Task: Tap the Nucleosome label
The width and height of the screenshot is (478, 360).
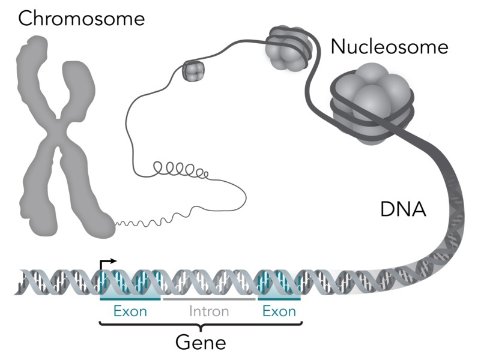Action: pyautogui.click(x=389, y=47)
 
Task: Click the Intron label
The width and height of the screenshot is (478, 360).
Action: pyautogui.click(x=209, y=311)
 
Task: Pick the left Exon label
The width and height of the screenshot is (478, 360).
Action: pyautogui.click(x=130, y=311)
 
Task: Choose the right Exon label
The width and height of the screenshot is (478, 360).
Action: pyautogui.click(x=279, y=311)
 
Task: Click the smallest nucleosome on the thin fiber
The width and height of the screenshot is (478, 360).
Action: pyautogui.click(x=193, y=71)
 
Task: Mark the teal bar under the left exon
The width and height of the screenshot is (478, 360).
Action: pyautogui.click(x=130, y=298)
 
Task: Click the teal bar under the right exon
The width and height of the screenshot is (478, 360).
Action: pyautogui.click(x=279, y=298)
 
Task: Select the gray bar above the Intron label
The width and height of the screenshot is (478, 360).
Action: pyautogui.click(x=209, y=298)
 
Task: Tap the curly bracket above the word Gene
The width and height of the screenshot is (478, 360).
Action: pyautogui.click(x=200, y=326)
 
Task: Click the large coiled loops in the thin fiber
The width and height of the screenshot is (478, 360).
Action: pyautogui.click(x=180, y=168)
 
